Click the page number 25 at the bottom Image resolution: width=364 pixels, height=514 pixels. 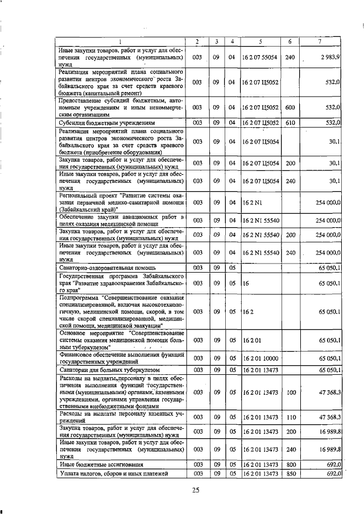pos(196,490)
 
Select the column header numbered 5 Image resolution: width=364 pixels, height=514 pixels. pos(260,41)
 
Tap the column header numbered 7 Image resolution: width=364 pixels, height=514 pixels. pos(322,41)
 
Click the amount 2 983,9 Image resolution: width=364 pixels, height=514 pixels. pos(330,57)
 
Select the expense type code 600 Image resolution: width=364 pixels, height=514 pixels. pos(290,107)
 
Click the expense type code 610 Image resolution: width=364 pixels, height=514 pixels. pos(290,122)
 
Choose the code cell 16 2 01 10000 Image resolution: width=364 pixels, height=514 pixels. pos(260,357)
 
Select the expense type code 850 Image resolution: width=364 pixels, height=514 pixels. pos(290,473)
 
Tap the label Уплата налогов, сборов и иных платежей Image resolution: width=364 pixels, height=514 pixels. pos(113,473)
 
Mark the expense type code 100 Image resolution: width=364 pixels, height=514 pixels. pos(290,392)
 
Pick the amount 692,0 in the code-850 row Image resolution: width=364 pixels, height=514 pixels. pos(333,473)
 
